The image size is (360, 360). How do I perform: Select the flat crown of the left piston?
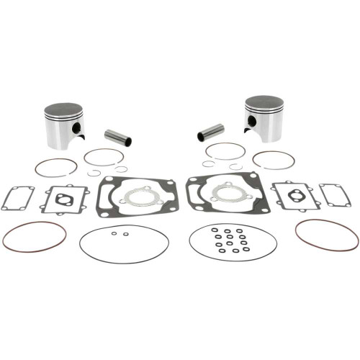63,109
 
